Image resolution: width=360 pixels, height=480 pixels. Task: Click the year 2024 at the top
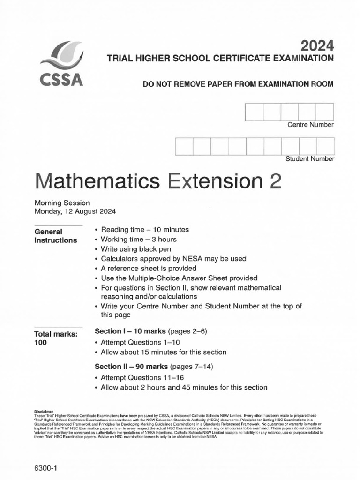[x=317, y=45]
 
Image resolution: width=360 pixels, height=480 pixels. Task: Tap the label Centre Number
[x=310, y=125]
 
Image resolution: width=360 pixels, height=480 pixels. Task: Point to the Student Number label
[x=310, y=159]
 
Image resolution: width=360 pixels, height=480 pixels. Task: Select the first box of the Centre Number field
[x=254, y=112]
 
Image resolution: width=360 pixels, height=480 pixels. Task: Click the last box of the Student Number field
[x=325, y=146]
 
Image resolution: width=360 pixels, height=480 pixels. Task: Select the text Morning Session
[x=62, y=203]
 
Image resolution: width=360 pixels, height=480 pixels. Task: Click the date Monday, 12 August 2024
[x=75, y=211]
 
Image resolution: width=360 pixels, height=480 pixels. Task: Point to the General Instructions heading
[x=55, y=236]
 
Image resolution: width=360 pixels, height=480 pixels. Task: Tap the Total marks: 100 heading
[x=55, y=338]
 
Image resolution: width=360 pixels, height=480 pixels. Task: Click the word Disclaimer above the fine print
[x=45, y=410]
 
